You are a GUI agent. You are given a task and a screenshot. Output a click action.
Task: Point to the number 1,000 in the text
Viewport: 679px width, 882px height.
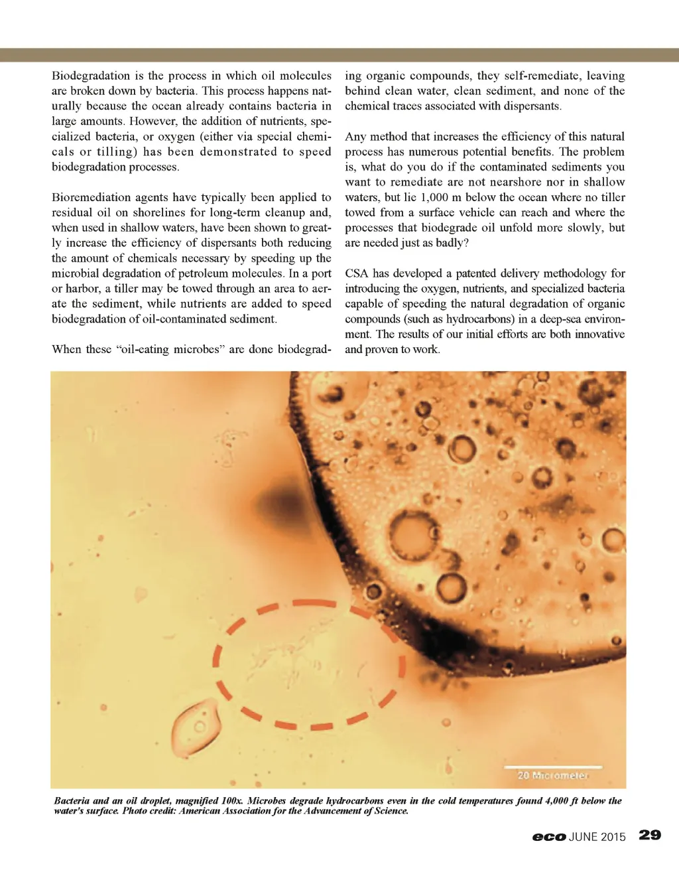coord(434,197)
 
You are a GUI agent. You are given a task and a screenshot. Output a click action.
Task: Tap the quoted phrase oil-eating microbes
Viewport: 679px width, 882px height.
coord(171,349)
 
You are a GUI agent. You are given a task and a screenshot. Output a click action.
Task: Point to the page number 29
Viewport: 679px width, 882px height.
coord(650,835)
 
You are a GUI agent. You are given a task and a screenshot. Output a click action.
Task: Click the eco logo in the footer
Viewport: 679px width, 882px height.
coord(548,837)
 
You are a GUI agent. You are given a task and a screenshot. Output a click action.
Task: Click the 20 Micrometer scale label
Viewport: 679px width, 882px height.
coord(552,775)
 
